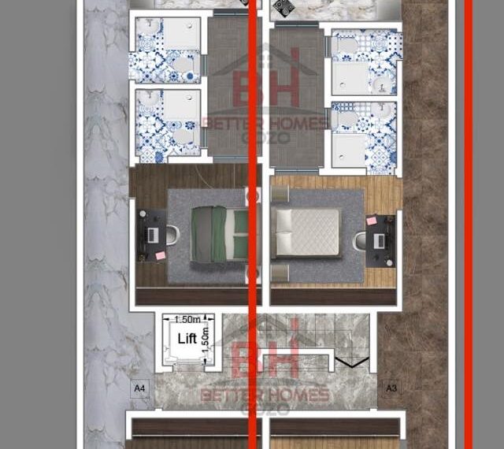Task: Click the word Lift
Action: click(x=187, y=339)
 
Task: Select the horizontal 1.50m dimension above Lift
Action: click(x=187, y=319)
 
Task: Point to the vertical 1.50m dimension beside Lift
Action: click(x=205, y=340)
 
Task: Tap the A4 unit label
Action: click(x=139, y=388)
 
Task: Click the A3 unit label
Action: click(x=391, y=388)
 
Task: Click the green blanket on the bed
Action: click(x=219, y=234)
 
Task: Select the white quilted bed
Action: click(x=306, y=232)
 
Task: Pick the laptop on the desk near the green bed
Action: click(x=152, y=235)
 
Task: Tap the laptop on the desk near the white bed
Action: click(x=380, y=241)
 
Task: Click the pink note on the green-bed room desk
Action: click(x=160, y=256)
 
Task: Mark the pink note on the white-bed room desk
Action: click(x=372, y=221)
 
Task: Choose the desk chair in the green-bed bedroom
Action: click(x=172, y=235)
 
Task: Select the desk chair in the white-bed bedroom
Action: click(x=359, y=241)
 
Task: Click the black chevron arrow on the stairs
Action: click(x=352, y=362)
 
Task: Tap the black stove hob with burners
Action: click(x=283, y=8)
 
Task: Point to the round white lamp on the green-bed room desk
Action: click(x=143, y=213)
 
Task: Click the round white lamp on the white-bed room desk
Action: click(x=390, y=263)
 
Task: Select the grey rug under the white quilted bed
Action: click(x=317, y=236)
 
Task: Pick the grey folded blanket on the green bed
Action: click(x=202, y=234)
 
